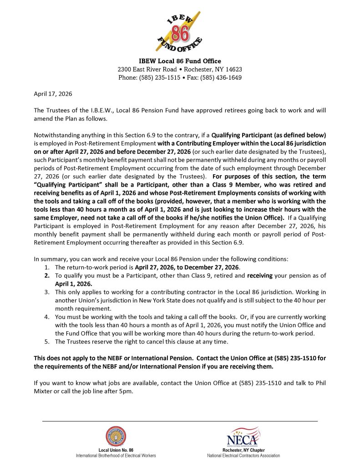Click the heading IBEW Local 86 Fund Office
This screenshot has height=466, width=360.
[180, 61]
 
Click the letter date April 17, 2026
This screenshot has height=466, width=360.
[53, 94]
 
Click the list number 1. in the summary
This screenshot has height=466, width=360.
[47, 267]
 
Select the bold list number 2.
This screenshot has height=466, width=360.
[47, 275]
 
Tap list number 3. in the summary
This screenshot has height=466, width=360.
[47, 292]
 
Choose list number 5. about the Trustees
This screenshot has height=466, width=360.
[47, 341]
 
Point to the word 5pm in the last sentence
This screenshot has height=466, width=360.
[126, 391]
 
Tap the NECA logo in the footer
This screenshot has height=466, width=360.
[243, 436]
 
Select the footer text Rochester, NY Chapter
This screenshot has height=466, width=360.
[243, 450]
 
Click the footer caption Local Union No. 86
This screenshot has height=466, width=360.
[116, 450]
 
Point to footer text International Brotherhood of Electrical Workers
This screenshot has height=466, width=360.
[116, 455]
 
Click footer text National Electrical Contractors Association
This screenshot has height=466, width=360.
[243, 455]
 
